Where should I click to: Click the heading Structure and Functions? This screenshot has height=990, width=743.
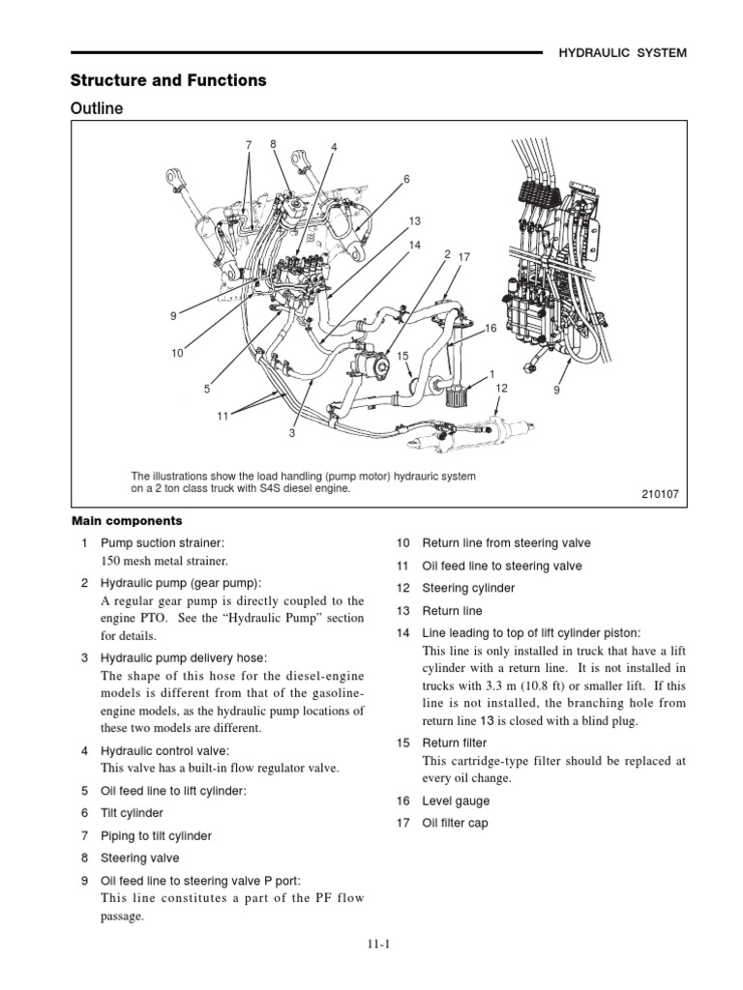pyautogui.click(x=167, y=80)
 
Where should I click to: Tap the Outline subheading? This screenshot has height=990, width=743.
pyautogui.click(x=98, y=108)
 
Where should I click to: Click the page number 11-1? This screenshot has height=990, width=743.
pyautogui.click(x=371, y=947)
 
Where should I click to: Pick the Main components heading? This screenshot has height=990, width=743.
pyautogui.click(x=126, y=521)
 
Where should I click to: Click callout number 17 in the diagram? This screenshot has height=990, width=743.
pyautogui.click(x=463, y=257)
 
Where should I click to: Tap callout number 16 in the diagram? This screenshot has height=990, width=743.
pyautogui.click(x=490, y=329)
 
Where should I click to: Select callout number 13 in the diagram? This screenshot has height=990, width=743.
pyautogui.click(x=416, y=221)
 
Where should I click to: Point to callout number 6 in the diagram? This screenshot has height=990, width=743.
pyautogui.click(x=407, y=179)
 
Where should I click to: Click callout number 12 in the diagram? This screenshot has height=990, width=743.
pyautogui.click(x=501, y=388)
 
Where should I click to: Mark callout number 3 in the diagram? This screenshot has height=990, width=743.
pyautogui.click(x=291, y=433)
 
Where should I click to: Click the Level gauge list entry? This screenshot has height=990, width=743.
pyautogui.click(x=456, y=801)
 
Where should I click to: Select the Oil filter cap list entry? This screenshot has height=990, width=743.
pyautogui.click(x=455, y=823)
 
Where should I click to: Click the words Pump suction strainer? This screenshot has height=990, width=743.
pyautogui.click(x=162, y=543)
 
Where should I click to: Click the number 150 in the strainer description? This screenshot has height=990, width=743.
pyautogui.click(x=112, y=561)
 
